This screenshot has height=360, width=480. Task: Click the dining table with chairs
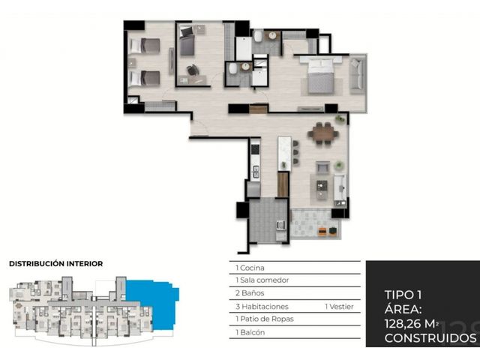[323, 133]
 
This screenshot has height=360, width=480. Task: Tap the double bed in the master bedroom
[320, 75]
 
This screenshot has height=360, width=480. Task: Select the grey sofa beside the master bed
[357, 76]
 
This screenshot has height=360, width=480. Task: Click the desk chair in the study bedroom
[193, 70]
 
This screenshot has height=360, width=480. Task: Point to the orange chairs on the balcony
[327, 232]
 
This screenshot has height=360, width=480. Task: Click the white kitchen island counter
[284, 153]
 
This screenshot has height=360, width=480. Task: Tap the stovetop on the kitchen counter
[255, 149]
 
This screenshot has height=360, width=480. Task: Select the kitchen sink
[255, 171]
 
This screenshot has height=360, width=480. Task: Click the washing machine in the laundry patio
[280, 225]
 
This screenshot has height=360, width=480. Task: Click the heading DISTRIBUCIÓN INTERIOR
[56, 263]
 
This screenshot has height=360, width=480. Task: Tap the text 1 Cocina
[250, 268]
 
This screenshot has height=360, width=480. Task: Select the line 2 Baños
[250, 293]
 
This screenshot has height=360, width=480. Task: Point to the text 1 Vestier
[339, 307]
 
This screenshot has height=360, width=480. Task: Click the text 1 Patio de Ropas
[265, 319]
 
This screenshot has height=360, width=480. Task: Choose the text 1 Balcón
[250, 332]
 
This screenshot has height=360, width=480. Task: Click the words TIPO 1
[403, 295]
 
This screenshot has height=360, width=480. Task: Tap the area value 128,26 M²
[412, 323]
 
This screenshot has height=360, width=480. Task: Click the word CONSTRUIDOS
[430, 338]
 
